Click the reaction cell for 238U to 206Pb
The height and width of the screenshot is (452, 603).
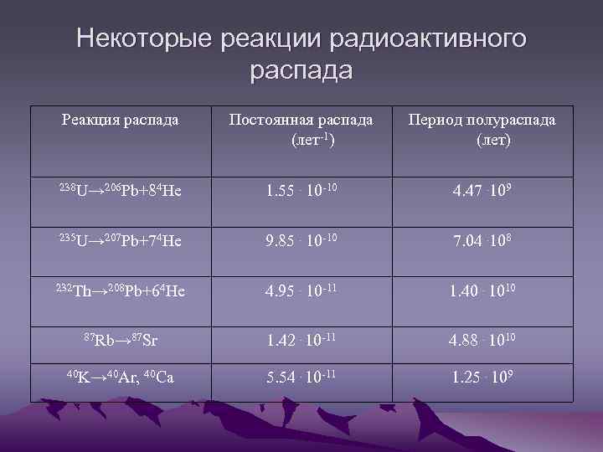tap(120, 191)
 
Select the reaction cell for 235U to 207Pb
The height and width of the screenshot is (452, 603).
tap(120, 243)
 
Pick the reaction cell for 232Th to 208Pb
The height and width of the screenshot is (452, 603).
tap(120, 292)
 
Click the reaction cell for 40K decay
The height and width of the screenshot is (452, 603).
tap(120, 378)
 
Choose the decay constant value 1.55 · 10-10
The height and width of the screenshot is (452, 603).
tap(301, 191)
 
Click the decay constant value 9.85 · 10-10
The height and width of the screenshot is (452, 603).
tap(301, 243)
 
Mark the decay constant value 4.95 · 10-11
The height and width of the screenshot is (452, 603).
tap(301, 292)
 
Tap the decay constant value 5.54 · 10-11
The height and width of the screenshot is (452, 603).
tap(301, 378)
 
